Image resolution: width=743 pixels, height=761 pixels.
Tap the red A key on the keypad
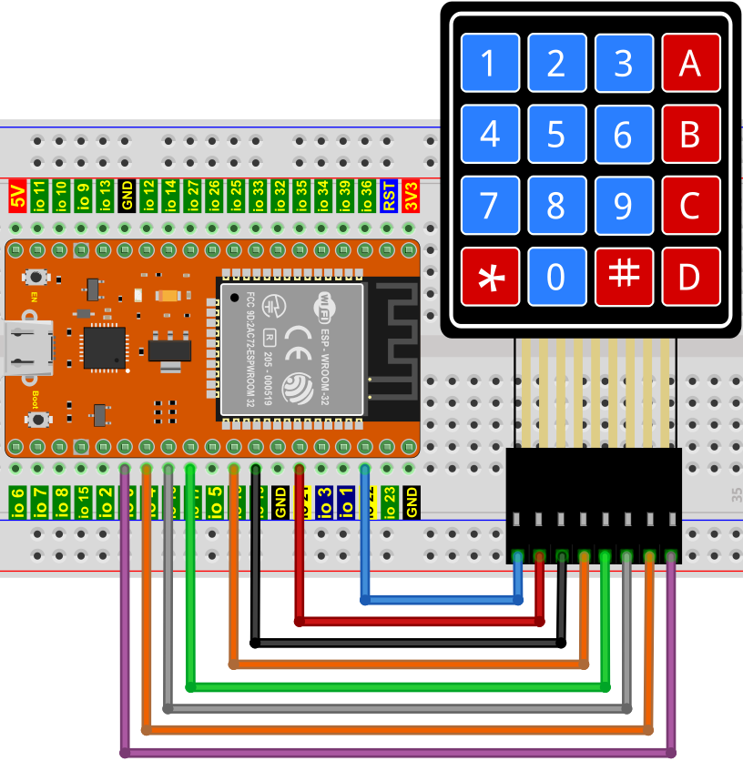point(690,63)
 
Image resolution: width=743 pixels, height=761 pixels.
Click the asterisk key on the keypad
point(490,277)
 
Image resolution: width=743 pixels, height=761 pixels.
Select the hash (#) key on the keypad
point(624,277)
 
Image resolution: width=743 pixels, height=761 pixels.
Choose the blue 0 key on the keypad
point(556,277)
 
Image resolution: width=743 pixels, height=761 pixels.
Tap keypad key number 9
point(624,206)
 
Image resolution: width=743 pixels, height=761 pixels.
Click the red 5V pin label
point(17,196)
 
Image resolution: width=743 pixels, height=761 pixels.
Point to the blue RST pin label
point(389,196)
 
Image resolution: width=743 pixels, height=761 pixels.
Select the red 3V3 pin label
point(411,196)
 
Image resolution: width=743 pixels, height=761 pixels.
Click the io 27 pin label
point(192,196)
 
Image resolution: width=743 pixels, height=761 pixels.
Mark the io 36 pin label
point(367,196)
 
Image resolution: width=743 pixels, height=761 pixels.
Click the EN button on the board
point(37,277)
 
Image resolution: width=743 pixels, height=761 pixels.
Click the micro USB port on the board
point(25,348)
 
